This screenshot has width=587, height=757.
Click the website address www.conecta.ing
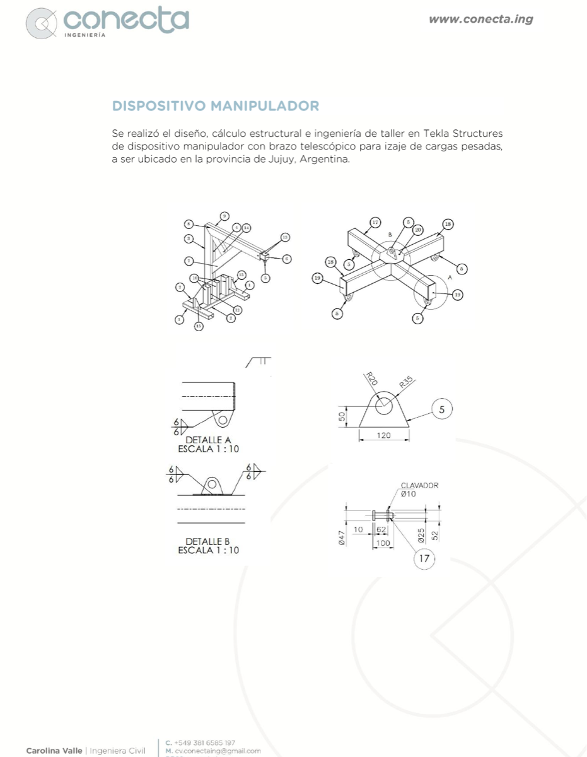coord(480,19)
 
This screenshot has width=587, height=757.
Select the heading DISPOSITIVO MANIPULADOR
coord(215,105)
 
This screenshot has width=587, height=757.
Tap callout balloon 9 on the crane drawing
coord(225,216)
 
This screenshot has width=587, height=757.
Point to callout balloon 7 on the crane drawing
coord(189,261)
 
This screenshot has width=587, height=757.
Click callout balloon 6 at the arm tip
coord(286,258)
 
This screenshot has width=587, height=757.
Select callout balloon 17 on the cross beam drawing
coord(375,222)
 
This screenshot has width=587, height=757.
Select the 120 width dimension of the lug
coord(384,435)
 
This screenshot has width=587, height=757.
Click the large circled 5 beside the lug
coord(441,409)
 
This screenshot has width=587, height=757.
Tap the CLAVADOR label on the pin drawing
coord(419,486)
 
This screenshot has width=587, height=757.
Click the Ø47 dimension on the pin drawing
coord(340,537)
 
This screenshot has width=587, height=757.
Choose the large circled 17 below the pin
coord(424,558)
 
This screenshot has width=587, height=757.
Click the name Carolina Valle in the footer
coord(54,751)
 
